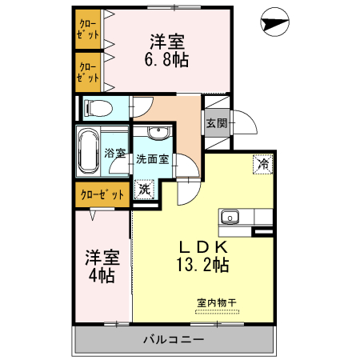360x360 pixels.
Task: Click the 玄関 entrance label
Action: pos(216,123)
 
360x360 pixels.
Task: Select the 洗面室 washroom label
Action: pos(150,159)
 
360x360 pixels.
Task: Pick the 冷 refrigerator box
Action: pos(262,164)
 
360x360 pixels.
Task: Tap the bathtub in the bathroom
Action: pos(88,153)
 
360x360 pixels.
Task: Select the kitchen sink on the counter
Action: pos(230,216)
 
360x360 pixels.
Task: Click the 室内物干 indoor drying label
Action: pos(217,302)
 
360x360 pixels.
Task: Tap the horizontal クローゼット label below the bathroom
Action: pos(102,194)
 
